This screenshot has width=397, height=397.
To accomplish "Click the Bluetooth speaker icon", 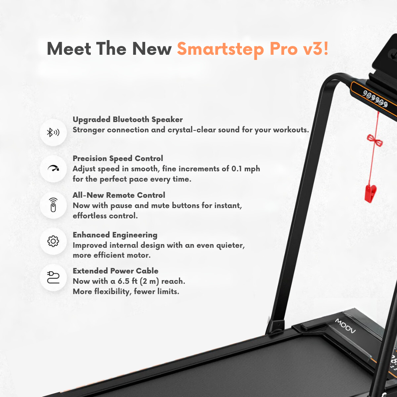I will [x=53, y=133].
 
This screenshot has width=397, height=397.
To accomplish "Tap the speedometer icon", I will [x=53, y=169].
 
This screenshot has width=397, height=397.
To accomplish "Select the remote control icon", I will [x=53, y=205].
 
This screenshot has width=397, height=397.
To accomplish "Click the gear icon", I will [x=53, y=241].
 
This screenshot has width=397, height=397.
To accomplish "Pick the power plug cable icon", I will [x=53, y=277].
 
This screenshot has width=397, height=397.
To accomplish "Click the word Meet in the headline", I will [x=69, y=49].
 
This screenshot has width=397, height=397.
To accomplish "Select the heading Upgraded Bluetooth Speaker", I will [x=128, y=119].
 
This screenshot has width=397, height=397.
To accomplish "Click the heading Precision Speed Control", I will [x=118, y=158].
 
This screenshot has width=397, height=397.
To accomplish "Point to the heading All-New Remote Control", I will [x=119, y=195].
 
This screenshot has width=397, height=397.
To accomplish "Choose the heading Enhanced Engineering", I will [x=115, y=235].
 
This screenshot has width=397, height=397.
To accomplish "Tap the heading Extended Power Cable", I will [x=115, y=271].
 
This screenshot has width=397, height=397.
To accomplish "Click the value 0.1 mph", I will [x=246, y=169].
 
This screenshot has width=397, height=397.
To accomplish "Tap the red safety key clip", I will [x=370, y=193].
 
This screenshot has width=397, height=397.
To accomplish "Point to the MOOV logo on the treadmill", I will [x=345, y=326].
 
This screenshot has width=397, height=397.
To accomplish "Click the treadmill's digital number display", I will [x=375, y=99].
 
